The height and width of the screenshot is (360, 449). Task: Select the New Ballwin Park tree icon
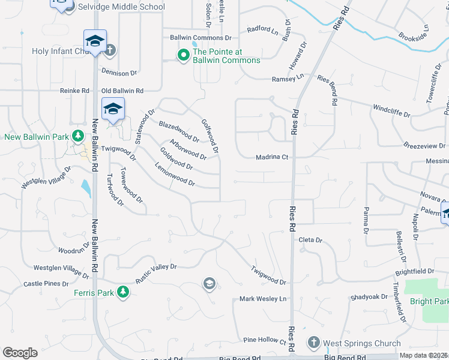(x=77, y=136)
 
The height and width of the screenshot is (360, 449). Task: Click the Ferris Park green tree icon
(x=123, y=292)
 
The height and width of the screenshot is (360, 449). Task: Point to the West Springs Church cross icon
(x=313, y=343)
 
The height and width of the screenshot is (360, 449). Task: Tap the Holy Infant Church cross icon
(x=110, y=51)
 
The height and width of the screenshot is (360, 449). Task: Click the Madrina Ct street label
(x=273, y=157)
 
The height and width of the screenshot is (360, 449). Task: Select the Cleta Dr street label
(x=310, y=240)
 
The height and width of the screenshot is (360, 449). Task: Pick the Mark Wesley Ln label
(x=264, y=299)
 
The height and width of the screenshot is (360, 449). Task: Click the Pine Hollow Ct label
(x=265, y=340)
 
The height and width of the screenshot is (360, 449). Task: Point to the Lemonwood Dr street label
(x=175, y=174)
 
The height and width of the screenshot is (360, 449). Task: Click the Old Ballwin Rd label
(x=122, y=91)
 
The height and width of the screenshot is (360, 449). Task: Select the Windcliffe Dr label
(x=391, y=111)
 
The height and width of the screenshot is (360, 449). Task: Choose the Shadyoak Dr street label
(x=370, y=296)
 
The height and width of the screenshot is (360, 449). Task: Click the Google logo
(x=20, y=353)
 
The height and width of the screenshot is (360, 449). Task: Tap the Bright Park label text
(x=429, y=301)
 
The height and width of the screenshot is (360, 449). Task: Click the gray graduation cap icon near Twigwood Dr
(x=209, y=283)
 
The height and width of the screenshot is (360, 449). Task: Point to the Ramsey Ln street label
(x=288, y=79)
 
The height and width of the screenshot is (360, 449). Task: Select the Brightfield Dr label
(x=414, y=271)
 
